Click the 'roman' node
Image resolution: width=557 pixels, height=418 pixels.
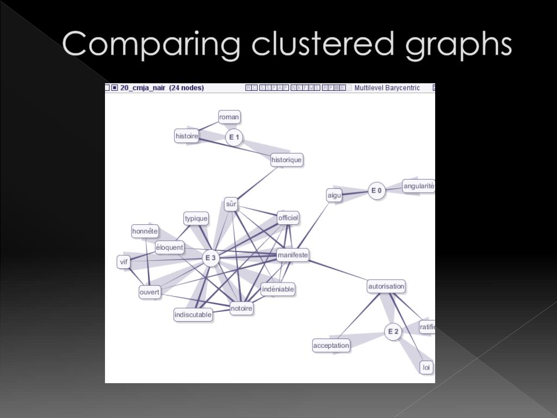[229, 117]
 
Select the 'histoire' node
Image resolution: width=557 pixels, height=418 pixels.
[187, 136]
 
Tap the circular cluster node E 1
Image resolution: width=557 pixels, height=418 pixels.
[234, 137]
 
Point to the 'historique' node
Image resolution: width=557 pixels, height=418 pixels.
[286, 160]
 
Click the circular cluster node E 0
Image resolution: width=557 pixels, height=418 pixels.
[376, 190]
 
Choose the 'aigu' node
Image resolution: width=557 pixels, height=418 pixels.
[334, 195]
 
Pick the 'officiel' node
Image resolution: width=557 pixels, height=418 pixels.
[288, 218]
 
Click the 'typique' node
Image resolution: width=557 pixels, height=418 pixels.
[196, 219]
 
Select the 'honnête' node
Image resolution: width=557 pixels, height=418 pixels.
[145, 231]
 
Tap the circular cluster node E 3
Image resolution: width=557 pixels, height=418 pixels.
[211, 258]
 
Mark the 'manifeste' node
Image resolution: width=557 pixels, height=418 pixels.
[293, 255]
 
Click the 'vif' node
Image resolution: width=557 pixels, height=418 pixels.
[124, 262]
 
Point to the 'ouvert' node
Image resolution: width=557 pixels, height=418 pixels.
[150, 292]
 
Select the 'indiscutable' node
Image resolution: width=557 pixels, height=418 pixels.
[193, 315]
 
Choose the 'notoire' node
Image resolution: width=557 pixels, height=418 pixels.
[242, 309]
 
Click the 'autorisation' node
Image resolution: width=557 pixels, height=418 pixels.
[386, 286]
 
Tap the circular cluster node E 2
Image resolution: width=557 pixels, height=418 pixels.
[393, 331]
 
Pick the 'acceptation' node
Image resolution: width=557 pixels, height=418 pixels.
[331, 345]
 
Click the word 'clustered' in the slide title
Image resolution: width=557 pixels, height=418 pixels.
[323, 45]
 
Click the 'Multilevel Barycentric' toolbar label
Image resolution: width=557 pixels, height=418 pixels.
[387, 88]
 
